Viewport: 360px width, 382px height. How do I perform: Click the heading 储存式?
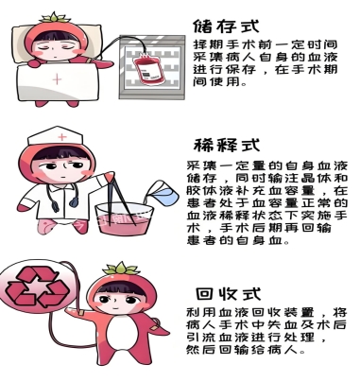point(226,26)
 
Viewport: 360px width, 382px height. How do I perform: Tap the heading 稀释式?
point(227,146)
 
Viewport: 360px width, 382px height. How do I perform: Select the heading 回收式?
point(229,294)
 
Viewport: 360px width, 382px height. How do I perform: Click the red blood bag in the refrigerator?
point(147,69)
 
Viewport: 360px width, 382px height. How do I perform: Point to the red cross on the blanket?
point(57,79)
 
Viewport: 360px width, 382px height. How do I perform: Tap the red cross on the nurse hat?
point(62,137)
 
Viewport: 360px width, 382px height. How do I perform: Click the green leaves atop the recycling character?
point(122,269)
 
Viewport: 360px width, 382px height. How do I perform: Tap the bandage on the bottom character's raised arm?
point(80,313)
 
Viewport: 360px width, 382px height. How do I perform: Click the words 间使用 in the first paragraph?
point(215,82)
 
